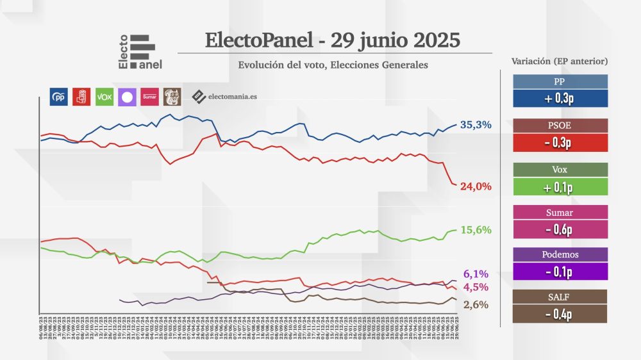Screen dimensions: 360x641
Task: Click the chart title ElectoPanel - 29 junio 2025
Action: coord(333,40)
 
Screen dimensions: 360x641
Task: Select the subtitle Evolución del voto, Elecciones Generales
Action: coord(333,65)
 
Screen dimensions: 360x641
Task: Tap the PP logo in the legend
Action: coord(58,97)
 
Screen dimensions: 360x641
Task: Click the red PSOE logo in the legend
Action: coord(81,97)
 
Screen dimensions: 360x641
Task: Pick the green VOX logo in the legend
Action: coord(104,97)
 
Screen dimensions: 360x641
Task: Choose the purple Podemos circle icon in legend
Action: coord(127,97)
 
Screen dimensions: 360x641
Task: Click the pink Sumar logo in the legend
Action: coord(149,97)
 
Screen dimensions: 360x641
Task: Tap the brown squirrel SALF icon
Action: coord(172,97)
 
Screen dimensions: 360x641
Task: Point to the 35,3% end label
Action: coord(476,125)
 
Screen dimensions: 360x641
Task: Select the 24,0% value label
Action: coord(476,186)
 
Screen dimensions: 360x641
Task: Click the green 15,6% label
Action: coord(476,230)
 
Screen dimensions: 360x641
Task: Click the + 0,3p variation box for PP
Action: coord(560,98)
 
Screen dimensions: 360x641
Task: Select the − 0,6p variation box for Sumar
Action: coord(560,229)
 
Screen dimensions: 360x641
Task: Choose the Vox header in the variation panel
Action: coord(560,170)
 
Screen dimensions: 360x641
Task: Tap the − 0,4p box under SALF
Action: coord(560,314)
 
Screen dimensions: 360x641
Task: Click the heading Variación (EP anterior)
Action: coord(560,61)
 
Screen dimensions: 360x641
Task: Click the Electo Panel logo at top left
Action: coord(137,52)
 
